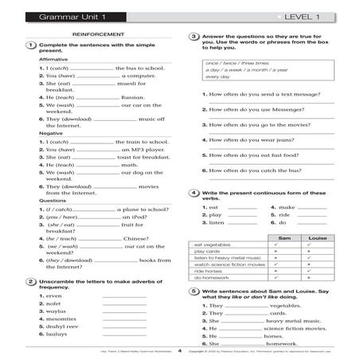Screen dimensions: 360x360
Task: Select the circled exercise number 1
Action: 29,45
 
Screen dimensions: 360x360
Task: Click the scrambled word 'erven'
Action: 55,296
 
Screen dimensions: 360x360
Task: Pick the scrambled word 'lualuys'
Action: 57,335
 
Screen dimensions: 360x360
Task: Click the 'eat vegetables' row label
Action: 212,245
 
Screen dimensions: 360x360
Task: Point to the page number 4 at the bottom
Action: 180,350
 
